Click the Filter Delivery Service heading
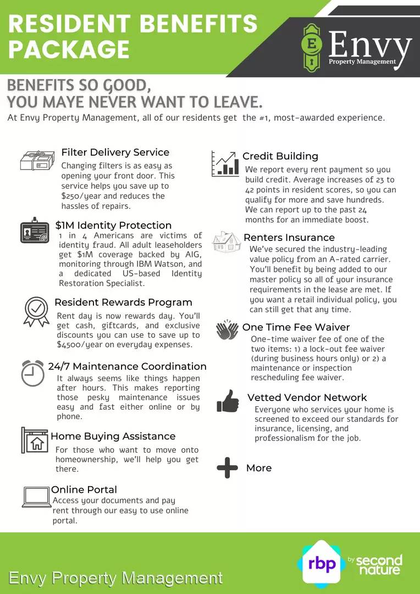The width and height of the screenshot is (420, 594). click(115, 152)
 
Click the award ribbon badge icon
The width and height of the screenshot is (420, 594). click(36, 311)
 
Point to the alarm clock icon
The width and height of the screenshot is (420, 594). click(33, 373)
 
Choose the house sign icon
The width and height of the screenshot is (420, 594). click(35, 439)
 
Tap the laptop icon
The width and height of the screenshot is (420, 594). click(36, 497)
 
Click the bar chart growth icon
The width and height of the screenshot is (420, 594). click(225, 163)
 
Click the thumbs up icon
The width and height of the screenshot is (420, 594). click(228, 401)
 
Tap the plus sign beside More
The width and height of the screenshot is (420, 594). click(227, 468)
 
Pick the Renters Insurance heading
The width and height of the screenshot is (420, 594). click(289, 238)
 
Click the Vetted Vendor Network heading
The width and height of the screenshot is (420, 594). click(307, 398)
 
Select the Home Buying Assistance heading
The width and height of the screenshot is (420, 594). click(113, 436)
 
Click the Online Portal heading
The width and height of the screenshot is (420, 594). click(84, 490)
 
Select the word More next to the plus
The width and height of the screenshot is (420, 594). click(259, 468)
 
